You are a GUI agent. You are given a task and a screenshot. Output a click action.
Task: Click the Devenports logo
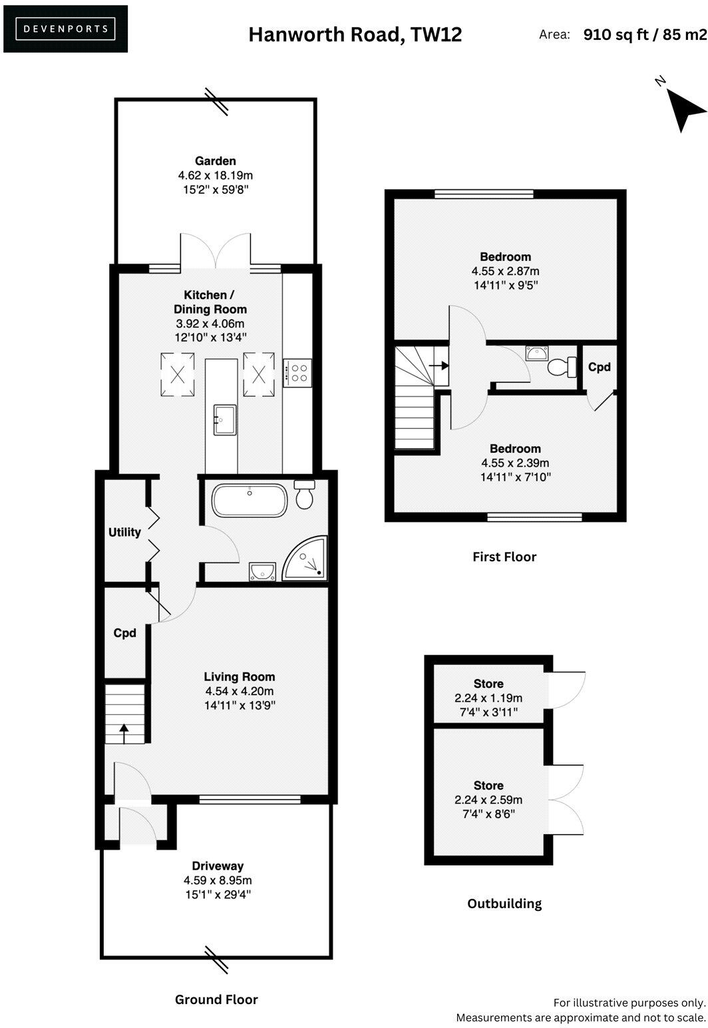pos(65,29)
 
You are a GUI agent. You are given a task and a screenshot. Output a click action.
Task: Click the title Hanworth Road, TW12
pos(355,34)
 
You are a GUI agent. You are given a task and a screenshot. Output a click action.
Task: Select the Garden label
pos(215,161)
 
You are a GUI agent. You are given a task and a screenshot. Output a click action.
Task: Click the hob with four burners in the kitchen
pos(297,372)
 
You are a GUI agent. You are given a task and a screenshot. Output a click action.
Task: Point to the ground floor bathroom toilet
pos(305,496)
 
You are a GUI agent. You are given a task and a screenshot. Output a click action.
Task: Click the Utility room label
pos(125,532)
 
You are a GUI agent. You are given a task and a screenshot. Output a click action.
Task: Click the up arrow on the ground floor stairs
pos(124,734)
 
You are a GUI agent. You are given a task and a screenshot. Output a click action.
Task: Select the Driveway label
pos(218,866)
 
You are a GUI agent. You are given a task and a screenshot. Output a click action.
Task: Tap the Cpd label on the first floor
pos(600,367)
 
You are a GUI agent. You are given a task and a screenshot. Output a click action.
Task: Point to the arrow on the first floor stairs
pos(438,365)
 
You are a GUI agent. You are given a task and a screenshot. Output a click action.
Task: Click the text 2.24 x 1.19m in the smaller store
pos(488,698)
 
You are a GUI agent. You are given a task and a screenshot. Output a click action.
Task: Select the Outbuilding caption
pos(504,903)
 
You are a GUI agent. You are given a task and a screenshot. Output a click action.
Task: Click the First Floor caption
pos(504,557)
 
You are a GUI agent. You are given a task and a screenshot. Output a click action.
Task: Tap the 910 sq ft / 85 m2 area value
pos(644,35)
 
